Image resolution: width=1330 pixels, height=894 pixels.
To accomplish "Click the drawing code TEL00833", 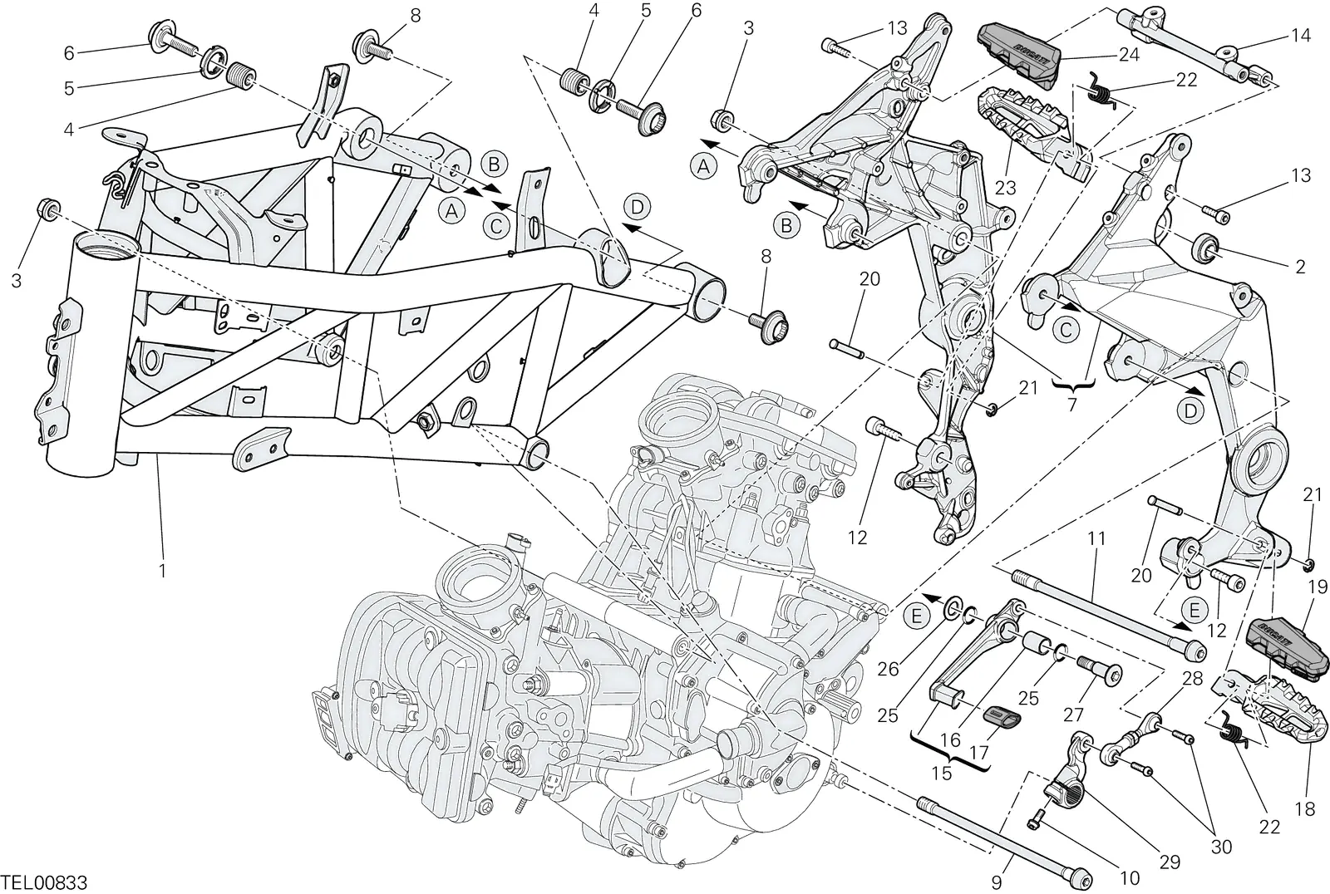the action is click(x=45, y=882).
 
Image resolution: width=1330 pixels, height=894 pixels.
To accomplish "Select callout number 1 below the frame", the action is click(x=162, y=571).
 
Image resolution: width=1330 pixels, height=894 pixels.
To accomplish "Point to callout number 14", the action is click(x=1300, y=36).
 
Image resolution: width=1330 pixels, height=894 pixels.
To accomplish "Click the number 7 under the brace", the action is click(x=1072, y=405).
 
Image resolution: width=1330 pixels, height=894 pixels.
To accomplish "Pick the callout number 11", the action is click(x=1096, y=538).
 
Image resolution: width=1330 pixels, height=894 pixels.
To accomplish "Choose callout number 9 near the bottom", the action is click(x=997, y=882).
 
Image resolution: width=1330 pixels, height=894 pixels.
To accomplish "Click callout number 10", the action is click(x=1130, y=878).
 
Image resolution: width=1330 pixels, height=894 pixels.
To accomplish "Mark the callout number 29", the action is click(x=1170, y=862).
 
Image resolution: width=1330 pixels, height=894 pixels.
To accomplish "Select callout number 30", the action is click(x=1221, y=847).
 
